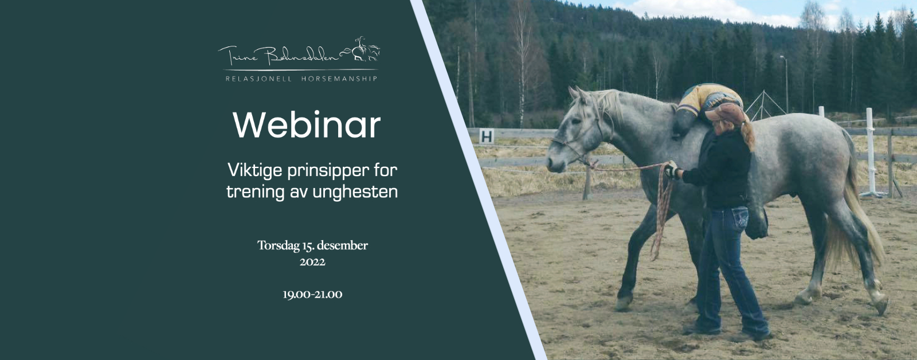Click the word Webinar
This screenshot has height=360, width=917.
[307, 125]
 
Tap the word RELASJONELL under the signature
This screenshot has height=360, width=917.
[258, 78]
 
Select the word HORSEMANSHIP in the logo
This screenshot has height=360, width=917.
[339, 78]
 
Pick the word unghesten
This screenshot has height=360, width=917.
[355, 191]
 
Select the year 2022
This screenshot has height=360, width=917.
[312, 262]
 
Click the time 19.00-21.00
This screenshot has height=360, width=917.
[312, 295]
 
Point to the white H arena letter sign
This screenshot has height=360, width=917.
[487, 136]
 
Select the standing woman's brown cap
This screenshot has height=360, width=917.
[724, 113]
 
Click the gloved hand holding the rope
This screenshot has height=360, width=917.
[672, 170]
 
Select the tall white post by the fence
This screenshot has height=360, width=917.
[870, 151]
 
